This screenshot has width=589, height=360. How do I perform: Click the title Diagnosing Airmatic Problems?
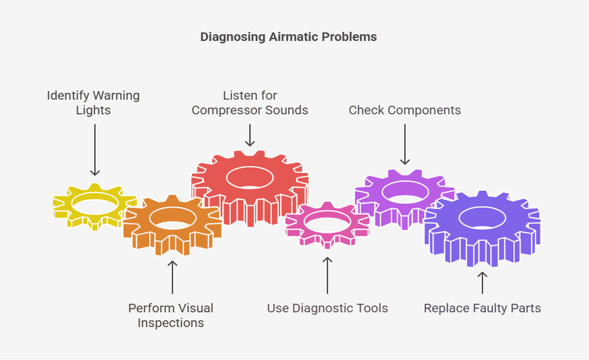click(288, 37)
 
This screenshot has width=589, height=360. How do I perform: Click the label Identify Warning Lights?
click(93, 103)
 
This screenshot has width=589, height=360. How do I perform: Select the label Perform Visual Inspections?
click(171, 316)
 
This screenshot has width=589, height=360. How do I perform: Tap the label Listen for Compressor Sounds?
click(250, 103)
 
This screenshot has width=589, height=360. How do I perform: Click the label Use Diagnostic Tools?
click(327, 308)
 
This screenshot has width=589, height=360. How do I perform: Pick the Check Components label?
click(404, 110)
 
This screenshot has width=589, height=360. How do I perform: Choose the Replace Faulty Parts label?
click(482, 308)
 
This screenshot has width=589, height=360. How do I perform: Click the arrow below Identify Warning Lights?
click(95, 150)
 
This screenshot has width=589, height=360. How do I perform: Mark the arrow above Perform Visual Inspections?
click(172, 277)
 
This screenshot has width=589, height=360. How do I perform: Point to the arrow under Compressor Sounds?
click(250, 135)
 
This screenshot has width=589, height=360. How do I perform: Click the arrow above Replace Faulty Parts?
click(482, 282)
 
